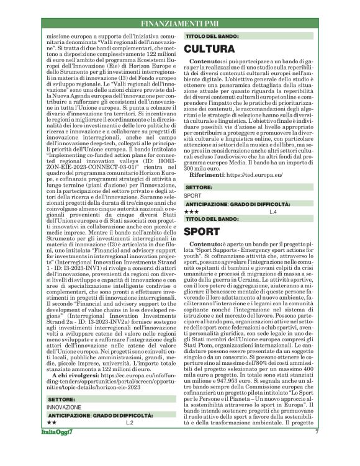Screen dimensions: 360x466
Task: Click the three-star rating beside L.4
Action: click(x=191, y=212)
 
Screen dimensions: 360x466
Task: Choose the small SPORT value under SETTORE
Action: click(x=192, y=195)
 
